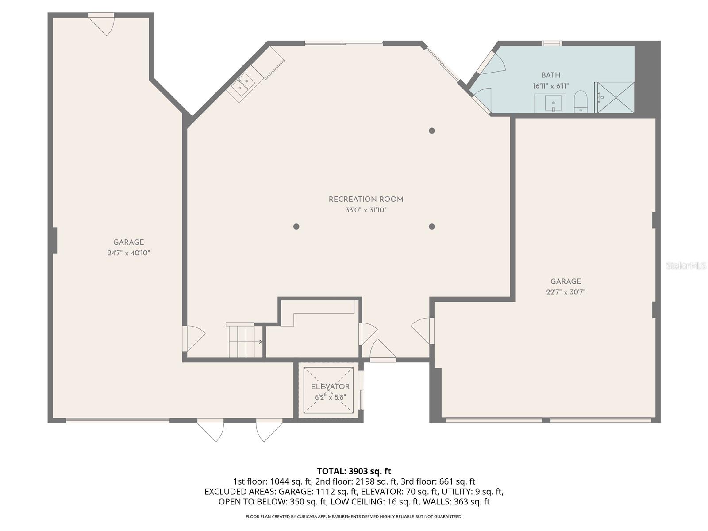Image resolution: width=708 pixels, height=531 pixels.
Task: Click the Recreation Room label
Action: pyautogui.click(x=366, y=200)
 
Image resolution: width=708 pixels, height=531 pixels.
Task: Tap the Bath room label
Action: pyautogui.click(x=550, y=75)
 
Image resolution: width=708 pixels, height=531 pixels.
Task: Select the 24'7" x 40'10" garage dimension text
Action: pyautogui.click(x=128, y=253)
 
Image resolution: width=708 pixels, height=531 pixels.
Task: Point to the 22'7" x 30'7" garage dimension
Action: pyautogui.click(x=566, y=292)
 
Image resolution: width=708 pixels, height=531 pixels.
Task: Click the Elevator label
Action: pyautogui.click(x=330, y=387)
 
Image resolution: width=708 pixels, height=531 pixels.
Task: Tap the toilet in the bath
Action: pyautogui.click(x=580, y=101)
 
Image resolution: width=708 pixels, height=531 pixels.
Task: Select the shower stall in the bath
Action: pyautogui.click(x=615, y=97)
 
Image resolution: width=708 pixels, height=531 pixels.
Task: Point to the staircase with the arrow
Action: pyautogui.click(x=245, y=341)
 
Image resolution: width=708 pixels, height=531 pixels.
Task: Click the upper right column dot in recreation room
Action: pyautogui.click(x=432, y=131)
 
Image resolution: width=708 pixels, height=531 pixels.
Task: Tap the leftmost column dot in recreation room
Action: pyautogui.click(x=296, y=227)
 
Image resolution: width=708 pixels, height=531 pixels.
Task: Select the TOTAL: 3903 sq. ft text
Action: pyautogui.click(x=354, y=471)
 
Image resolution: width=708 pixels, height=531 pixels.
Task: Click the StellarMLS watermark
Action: pyautogui.click(x=686, y=266)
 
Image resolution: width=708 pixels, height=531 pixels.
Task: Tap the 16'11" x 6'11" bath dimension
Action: pyautogui.click(x=550, y=86)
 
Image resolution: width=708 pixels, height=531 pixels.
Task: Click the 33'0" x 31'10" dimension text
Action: pyautogui.click(x=366, y=210)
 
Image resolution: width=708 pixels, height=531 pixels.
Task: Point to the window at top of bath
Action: pyautogui.click(x=552, y=43)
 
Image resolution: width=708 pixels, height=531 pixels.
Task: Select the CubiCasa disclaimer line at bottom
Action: pyautogui.click(x=354, y=516)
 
